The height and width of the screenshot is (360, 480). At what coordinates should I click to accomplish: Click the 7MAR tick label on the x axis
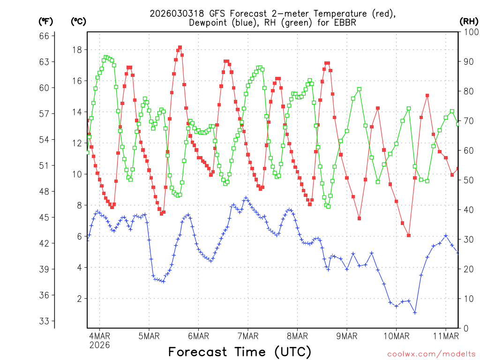(248, 336)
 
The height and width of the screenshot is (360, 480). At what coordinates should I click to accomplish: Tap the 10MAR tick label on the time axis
(396, 336)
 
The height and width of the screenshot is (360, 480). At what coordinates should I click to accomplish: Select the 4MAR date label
(99, 336)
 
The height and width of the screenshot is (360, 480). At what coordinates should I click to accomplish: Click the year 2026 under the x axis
(99, 345)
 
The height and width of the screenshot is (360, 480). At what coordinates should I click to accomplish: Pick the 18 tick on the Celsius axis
(77, 50)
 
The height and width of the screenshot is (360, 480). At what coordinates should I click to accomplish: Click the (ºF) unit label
(45, 21)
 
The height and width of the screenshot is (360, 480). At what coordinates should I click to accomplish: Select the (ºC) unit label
(78, 21)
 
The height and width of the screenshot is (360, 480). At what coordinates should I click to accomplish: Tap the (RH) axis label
(469, 21)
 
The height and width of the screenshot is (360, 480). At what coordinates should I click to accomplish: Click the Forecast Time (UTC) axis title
(240, 352)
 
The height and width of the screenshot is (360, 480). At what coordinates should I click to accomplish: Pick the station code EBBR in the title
(345, 22)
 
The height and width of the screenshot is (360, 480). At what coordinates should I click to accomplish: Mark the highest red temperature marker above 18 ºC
(180, 47)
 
